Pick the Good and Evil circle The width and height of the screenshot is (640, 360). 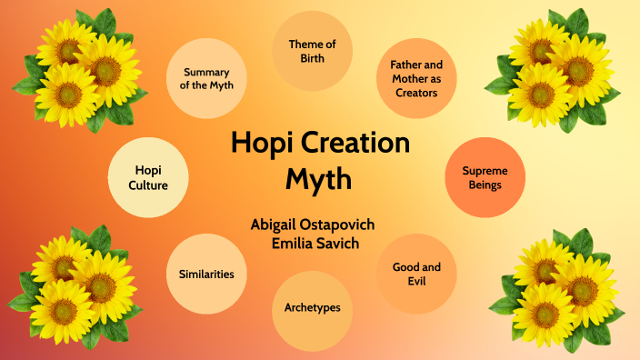coord(416,274)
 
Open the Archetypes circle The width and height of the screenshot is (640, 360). coord(312,308)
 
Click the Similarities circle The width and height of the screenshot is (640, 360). coord(206,274)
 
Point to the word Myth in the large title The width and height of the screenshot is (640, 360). coord(319,178)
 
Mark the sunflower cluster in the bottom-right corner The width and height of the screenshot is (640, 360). coord(556,289)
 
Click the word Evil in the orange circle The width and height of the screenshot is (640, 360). coord(416,282)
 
